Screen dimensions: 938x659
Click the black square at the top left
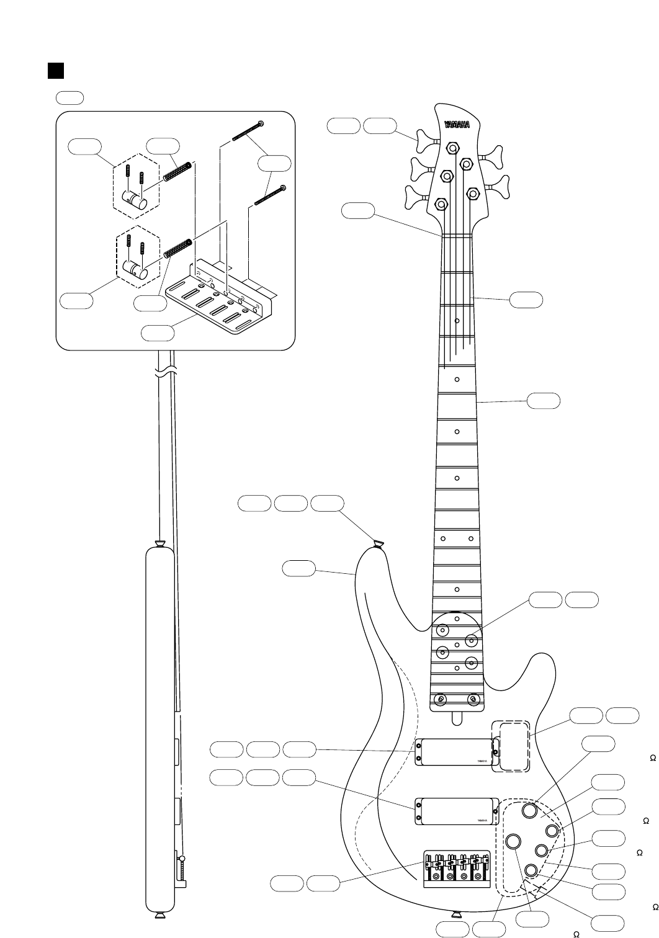pos(56,71)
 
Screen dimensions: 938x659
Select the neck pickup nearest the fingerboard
pos(456,752)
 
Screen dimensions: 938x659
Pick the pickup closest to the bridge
pos(456,811)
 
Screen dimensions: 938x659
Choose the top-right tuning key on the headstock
pos(495,152)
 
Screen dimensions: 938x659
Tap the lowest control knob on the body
pos(531,870)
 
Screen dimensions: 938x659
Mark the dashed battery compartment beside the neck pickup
pos(511,746)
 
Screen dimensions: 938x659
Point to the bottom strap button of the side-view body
pos(159,915)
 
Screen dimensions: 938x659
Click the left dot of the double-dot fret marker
pos(442,538)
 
